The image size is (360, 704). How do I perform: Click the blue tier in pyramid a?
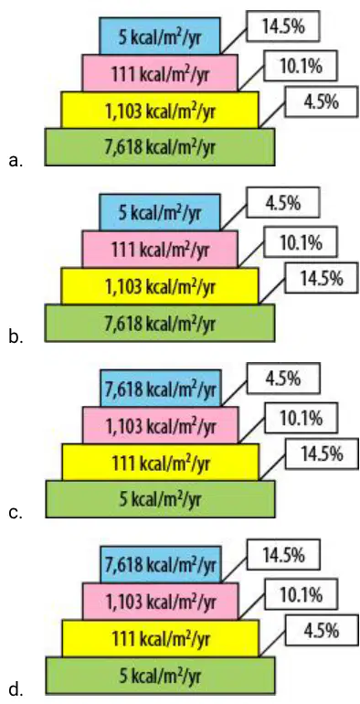[x=160, y=36]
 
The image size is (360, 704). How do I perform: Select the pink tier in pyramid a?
[x=160, y=73]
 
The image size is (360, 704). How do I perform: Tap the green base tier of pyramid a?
[x=159, y=147]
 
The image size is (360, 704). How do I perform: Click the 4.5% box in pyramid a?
[x=321, y=102]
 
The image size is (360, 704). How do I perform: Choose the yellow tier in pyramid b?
[x=160, y=285]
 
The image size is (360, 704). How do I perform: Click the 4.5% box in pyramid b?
[x=283, y=203]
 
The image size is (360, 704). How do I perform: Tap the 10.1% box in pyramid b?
[x=301, y=243]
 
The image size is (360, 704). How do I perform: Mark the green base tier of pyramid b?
[x=159, y=323]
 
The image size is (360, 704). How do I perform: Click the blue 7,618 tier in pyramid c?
[x=161, y=388]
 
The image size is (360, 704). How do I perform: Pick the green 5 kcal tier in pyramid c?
[x=160, y=499]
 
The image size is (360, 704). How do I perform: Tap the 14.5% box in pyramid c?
[x=321, y=454]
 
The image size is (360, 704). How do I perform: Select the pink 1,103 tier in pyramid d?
[x=161, y=602]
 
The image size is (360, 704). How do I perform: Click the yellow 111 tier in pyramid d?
[x=161, y=638]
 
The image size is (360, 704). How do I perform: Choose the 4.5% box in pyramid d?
[x=321, y=631]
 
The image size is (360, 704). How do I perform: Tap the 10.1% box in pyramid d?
[x=302, y=595]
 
